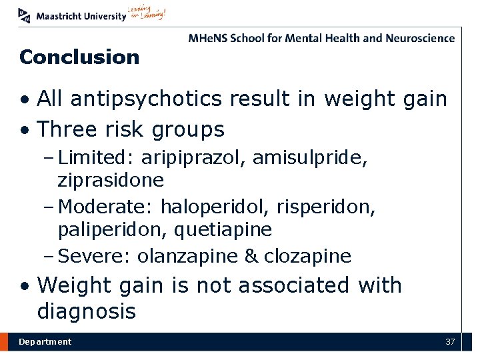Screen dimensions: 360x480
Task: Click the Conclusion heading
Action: tap(79, 57)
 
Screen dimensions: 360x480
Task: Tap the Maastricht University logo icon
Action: tap(25, 14)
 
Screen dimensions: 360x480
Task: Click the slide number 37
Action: tap(450, 342)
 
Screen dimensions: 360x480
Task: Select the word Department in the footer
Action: tap(45, 342)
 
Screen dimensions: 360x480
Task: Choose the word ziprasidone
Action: tap(111, 180)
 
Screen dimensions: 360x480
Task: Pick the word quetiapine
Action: tap(223, 230)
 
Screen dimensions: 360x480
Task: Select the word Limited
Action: tap(93, 159)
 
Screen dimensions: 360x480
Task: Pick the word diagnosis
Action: tap(87, 311)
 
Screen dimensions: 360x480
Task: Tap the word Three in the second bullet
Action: tap(65, 129)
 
